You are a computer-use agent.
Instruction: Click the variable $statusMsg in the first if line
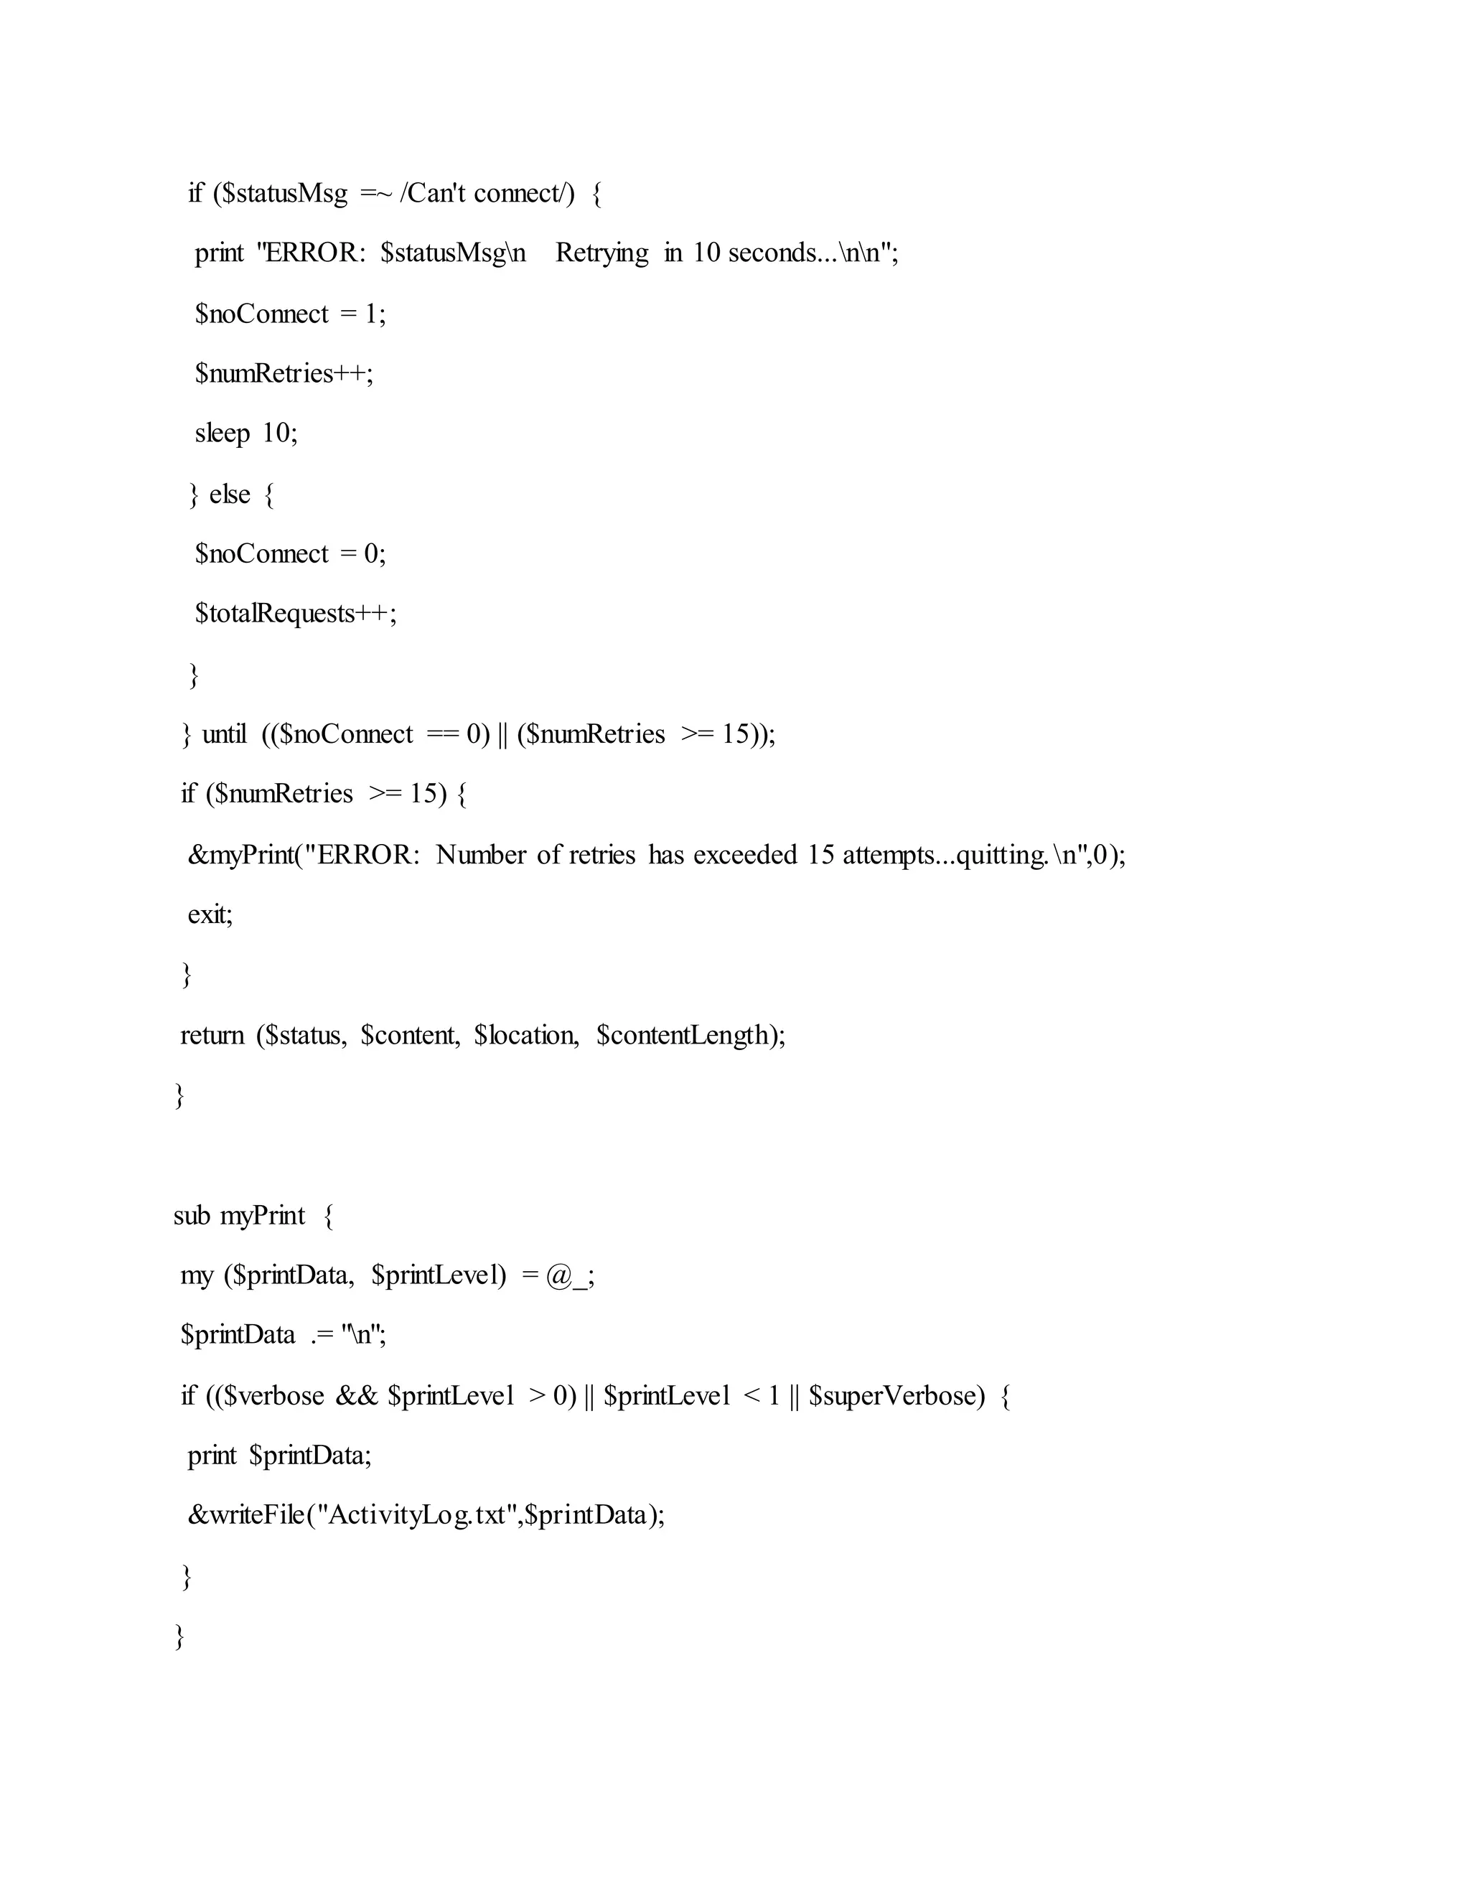[285, 193]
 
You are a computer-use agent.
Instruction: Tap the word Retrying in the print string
[601, 253]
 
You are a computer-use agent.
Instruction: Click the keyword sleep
[222, 434]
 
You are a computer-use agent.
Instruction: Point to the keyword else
[229, 495]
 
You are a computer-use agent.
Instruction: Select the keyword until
[224, 735]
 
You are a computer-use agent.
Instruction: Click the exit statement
[210, 915]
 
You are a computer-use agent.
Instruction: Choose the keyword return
[212, 1036]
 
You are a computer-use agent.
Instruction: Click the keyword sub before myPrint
[192, 1216]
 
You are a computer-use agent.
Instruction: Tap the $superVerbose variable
[896, 1397]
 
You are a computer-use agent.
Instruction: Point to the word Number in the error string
[482, 856]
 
